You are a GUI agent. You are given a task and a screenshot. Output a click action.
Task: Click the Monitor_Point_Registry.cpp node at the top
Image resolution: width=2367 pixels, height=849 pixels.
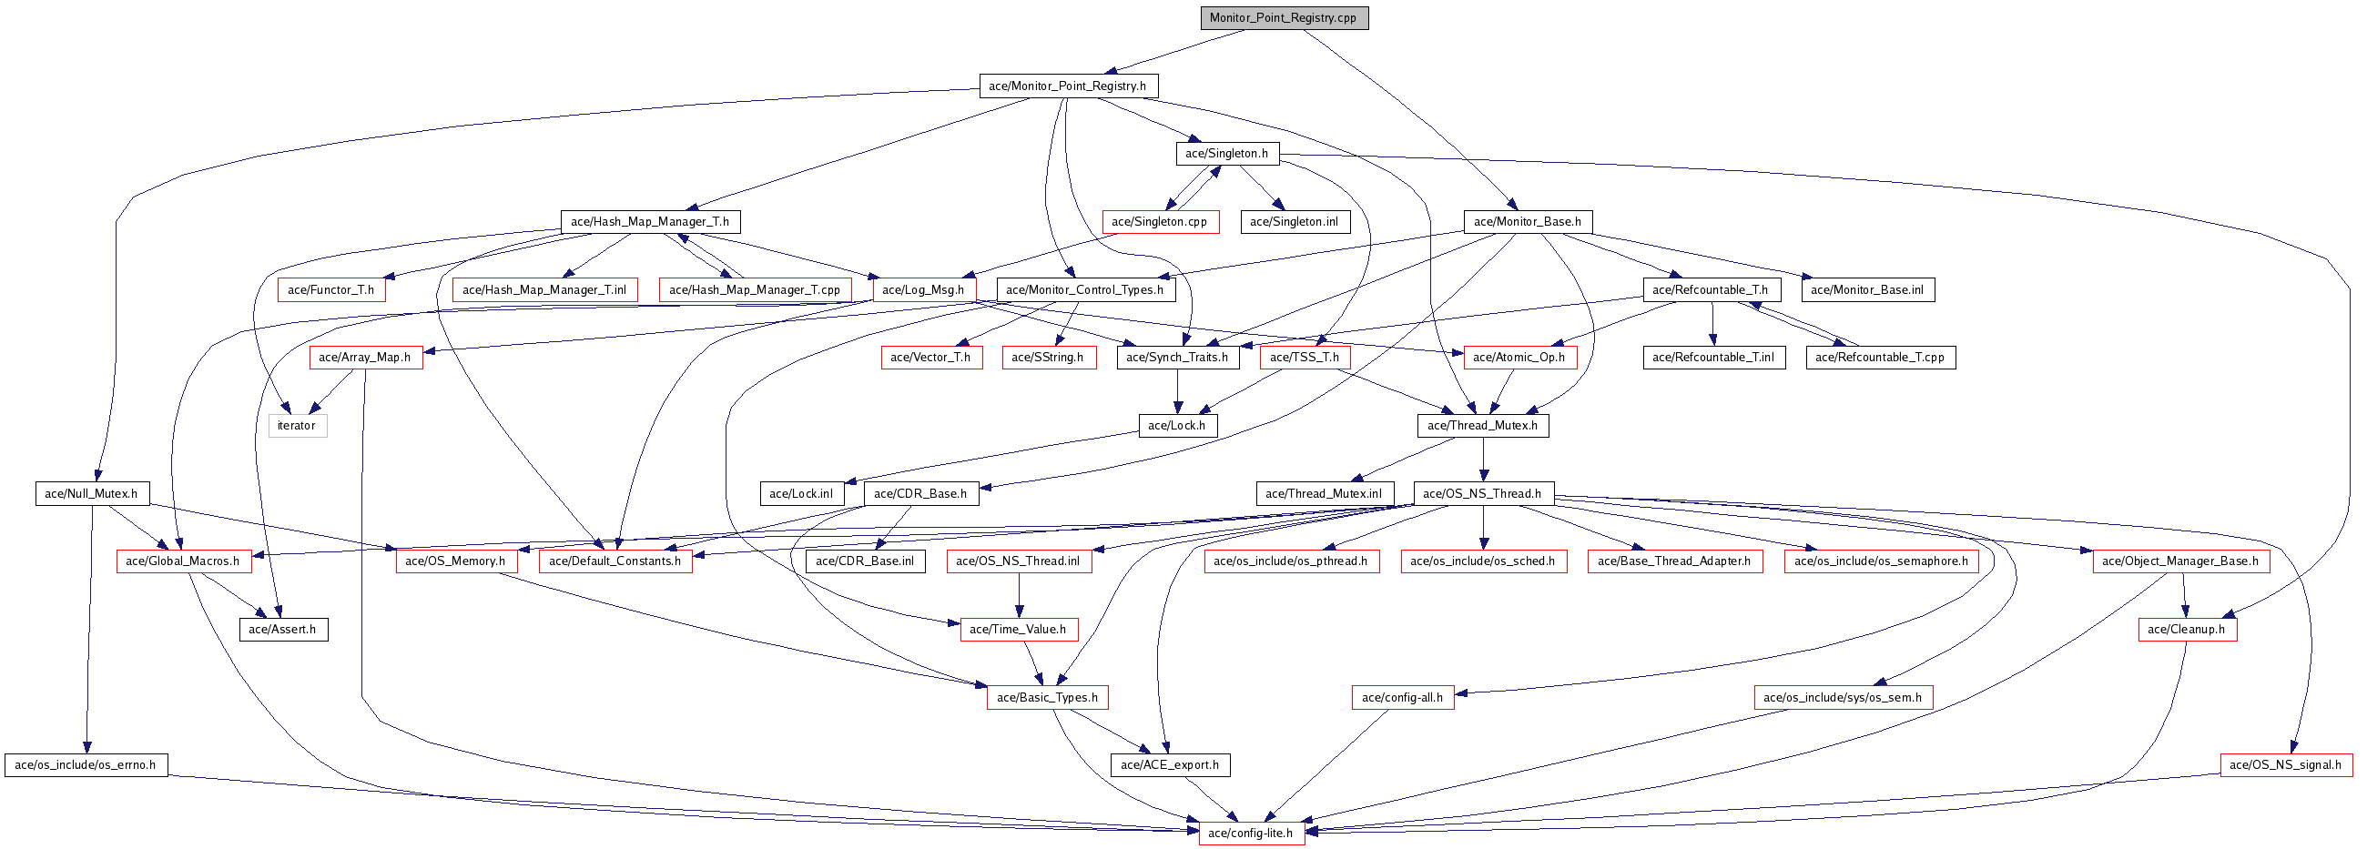[1284, 18]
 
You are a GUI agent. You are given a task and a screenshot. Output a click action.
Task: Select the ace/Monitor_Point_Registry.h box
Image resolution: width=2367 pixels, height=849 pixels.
[1067, 86]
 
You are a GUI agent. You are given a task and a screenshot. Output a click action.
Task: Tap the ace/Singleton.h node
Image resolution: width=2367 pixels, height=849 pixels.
[1226, 155]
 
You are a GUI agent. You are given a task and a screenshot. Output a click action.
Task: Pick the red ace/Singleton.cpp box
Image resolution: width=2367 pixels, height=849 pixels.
[1160, 222]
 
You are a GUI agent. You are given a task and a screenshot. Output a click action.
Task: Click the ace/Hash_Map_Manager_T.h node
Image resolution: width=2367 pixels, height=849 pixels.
[650, 222]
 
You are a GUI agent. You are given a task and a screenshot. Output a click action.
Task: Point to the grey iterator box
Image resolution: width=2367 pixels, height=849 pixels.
[297, 427]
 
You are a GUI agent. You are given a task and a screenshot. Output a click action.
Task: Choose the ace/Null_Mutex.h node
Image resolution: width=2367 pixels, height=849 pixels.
[91, 494]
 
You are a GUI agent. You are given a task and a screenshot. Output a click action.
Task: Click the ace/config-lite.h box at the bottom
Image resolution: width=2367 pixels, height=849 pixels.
[1251, 834]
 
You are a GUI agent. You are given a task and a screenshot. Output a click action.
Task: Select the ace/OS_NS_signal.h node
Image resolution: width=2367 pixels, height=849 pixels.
[2285, 765]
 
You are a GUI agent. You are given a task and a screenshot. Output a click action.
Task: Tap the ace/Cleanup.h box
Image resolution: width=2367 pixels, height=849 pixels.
[2186, 631]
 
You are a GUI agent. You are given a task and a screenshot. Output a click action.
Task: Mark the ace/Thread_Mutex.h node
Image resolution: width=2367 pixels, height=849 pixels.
[1482, 427]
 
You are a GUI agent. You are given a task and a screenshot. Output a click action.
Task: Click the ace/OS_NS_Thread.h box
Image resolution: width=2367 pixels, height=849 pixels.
[1482, 494]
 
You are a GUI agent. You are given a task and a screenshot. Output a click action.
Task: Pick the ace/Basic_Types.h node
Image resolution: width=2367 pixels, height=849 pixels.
[1048, 698]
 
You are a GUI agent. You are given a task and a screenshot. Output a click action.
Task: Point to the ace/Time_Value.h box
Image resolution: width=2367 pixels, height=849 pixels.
[1018, 631]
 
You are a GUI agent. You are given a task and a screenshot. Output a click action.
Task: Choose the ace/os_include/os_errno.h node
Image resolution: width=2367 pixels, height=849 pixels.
[86, 765]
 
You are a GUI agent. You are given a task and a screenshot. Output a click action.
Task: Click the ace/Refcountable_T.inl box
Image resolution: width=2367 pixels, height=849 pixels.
[1713, 358]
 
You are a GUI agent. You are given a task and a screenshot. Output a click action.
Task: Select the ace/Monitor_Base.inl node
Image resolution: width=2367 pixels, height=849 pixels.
[1867, 290]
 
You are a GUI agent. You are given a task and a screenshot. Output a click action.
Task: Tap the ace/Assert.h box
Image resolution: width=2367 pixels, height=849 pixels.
[282, 631]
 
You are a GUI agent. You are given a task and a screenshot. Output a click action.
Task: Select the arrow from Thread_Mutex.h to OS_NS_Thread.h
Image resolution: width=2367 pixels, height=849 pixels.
[1483, 460]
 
